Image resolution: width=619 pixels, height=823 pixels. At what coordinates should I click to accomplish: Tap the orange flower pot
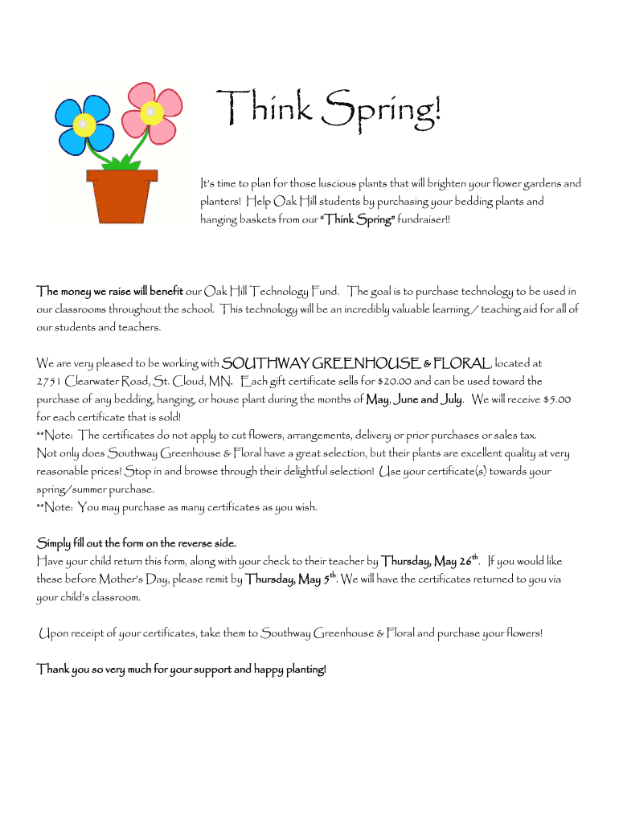point(121,196)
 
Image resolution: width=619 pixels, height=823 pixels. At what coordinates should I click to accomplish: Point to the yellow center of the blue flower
point(81,125)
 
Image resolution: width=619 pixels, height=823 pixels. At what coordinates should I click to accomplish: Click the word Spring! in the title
point(381,112)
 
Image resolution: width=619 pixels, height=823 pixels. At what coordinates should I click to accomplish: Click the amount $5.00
point(557,399)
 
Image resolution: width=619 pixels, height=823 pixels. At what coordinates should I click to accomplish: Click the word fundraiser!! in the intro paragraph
point(419,219)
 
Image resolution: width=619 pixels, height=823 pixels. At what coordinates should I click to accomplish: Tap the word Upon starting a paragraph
point(54,633)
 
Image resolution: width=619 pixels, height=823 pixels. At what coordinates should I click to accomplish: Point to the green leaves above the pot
point(121,163)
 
